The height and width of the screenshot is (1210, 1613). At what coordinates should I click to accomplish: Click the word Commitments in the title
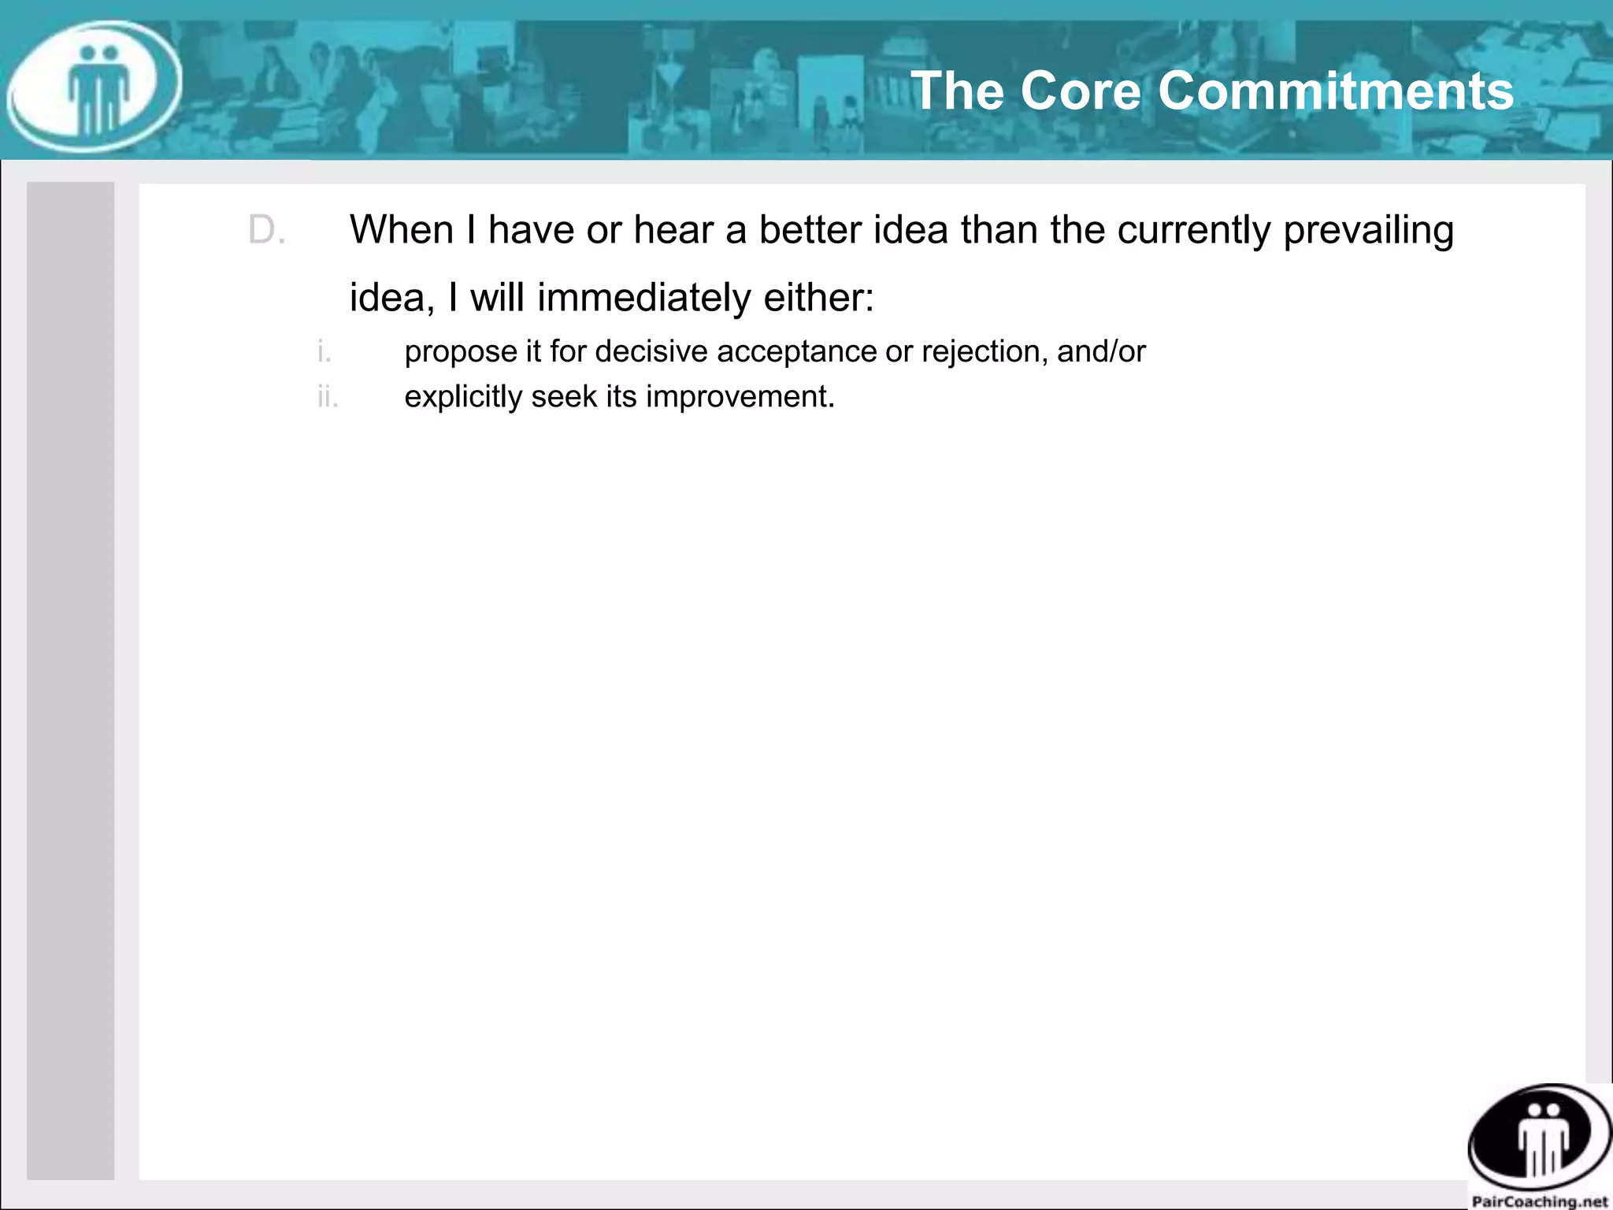coord(1336,91)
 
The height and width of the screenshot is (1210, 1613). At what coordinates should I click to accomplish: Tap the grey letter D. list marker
coord(266,231)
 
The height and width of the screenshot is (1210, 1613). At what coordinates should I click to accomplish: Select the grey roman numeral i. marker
coord(324,351)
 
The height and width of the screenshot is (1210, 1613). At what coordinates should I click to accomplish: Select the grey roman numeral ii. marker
coord(328,397)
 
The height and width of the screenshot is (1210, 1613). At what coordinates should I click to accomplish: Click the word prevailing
coord(1368,231)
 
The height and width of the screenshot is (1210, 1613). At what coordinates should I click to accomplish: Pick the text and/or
coord(1101,351)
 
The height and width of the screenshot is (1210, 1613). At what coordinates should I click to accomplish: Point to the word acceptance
coord(795,352)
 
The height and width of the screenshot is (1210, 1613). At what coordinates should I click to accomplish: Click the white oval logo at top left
coord(95,87)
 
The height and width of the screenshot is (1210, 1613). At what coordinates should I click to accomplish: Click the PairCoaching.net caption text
coord(1540,1201)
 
